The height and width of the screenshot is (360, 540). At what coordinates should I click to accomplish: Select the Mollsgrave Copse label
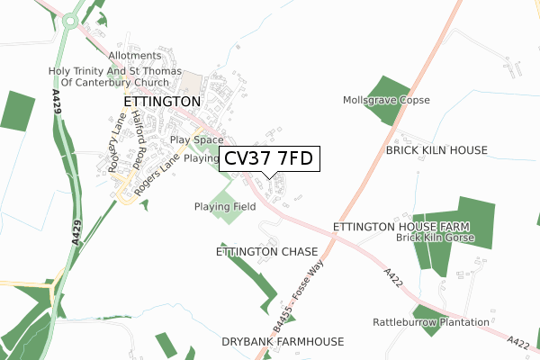click(386, 100)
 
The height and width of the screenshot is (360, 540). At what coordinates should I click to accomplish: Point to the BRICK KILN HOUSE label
click(436, 150)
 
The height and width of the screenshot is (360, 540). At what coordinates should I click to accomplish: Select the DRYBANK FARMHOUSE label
click(283, 342)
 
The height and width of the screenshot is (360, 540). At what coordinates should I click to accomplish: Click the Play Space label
click(196, 140)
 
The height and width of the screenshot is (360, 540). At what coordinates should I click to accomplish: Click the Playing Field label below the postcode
click(224, 207)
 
